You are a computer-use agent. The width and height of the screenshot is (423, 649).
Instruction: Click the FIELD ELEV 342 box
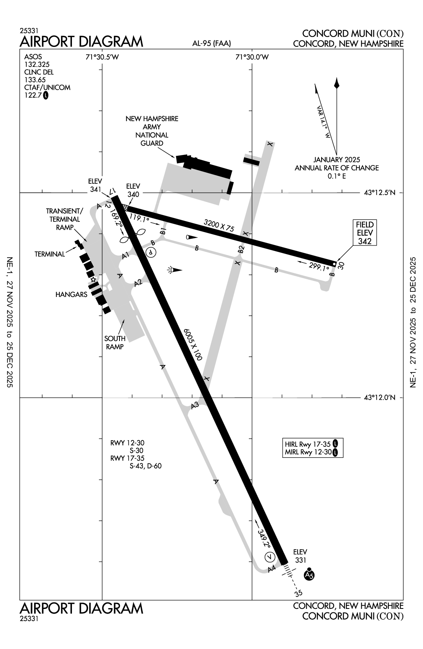[364, 233]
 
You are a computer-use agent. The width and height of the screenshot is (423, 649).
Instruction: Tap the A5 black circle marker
[309, 575]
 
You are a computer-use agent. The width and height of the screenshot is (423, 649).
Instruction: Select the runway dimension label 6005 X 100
[192, 344]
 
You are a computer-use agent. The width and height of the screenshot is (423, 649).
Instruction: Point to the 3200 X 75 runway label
[219, 225]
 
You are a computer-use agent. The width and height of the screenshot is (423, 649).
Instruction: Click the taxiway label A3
[195, 406]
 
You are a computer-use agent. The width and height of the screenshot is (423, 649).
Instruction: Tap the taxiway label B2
[241, 249]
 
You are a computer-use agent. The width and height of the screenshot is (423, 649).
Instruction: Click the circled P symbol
[151, 252]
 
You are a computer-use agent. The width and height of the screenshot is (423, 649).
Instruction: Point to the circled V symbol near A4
[270, 557]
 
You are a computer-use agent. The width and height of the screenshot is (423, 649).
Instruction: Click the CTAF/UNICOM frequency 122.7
[33, 95]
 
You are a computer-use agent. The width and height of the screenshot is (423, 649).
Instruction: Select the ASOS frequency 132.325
[37, 65]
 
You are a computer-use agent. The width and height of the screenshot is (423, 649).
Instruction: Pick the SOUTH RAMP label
[115, 342]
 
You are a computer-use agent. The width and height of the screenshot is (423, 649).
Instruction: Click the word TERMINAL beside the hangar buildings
[50, 254]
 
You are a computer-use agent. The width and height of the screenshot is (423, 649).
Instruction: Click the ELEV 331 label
[300, 556]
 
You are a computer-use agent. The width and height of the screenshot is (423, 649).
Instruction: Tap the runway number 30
[341, 266]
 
